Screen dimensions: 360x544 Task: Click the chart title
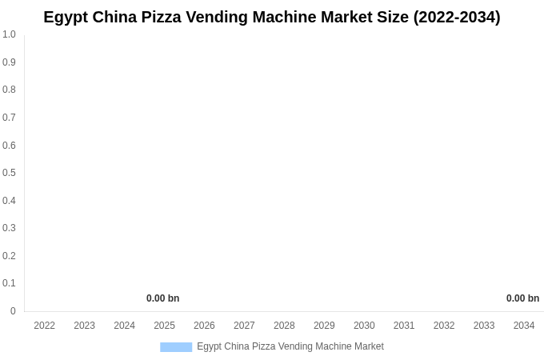tap(272, 17)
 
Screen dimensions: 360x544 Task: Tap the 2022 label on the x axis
tap(45, 326)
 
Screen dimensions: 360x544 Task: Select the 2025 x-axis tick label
tap(164, 326)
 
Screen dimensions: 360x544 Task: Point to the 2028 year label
tap(284, 326)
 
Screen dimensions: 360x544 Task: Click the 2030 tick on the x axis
tap(364, 326)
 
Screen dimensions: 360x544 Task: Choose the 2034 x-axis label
tap(524, 326)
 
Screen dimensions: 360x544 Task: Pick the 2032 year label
tap(444, 326)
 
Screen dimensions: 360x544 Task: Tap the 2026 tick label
tap(204, 326)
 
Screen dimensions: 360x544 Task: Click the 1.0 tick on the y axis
tap(9, 34)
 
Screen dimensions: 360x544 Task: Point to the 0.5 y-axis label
tap(9, 173)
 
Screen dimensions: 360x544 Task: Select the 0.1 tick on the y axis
tap(9, 283)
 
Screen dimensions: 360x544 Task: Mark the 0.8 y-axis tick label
tap(9, 90)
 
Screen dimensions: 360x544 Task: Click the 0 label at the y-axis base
tap(13, 311)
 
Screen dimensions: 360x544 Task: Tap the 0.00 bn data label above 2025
tap(162, 298)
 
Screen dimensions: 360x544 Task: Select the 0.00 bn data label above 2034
tap(522, 298)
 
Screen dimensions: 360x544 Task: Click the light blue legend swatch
tap(176, 347)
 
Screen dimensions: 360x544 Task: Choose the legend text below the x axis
tap(290, 346)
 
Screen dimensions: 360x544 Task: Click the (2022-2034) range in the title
tap(457, 17)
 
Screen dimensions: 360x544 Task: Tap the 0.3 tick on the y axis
tap(9, 228)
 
